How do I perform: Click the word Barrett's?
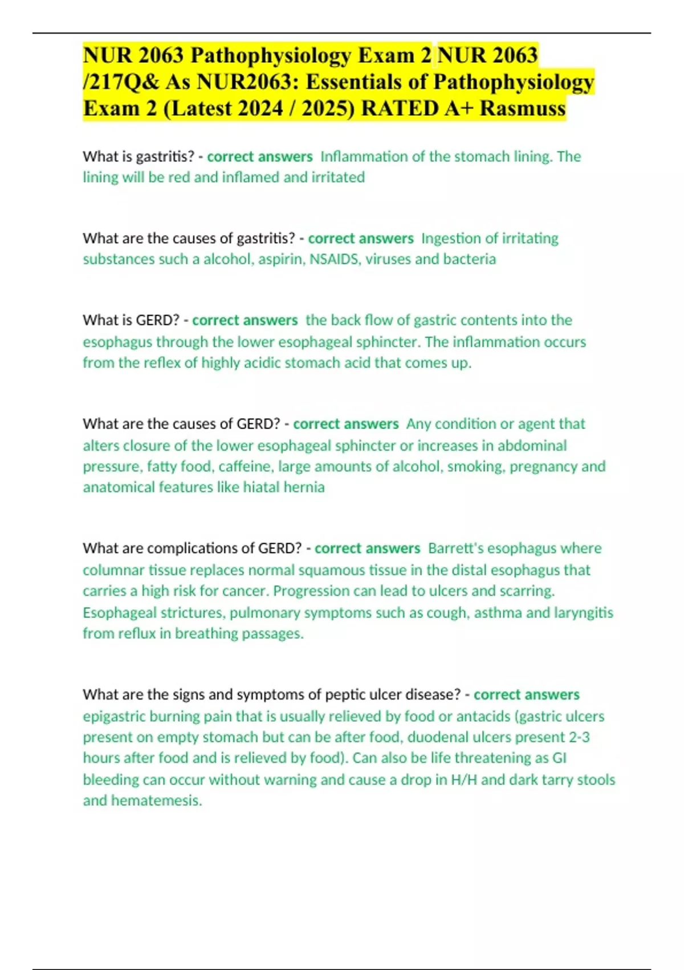coord(455,548)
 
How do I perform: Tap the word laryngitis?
coord(584,613)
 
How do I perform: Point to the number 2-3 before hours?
coord(579,737)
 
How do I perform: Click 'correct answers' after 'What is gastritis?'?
coord(260,156)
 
